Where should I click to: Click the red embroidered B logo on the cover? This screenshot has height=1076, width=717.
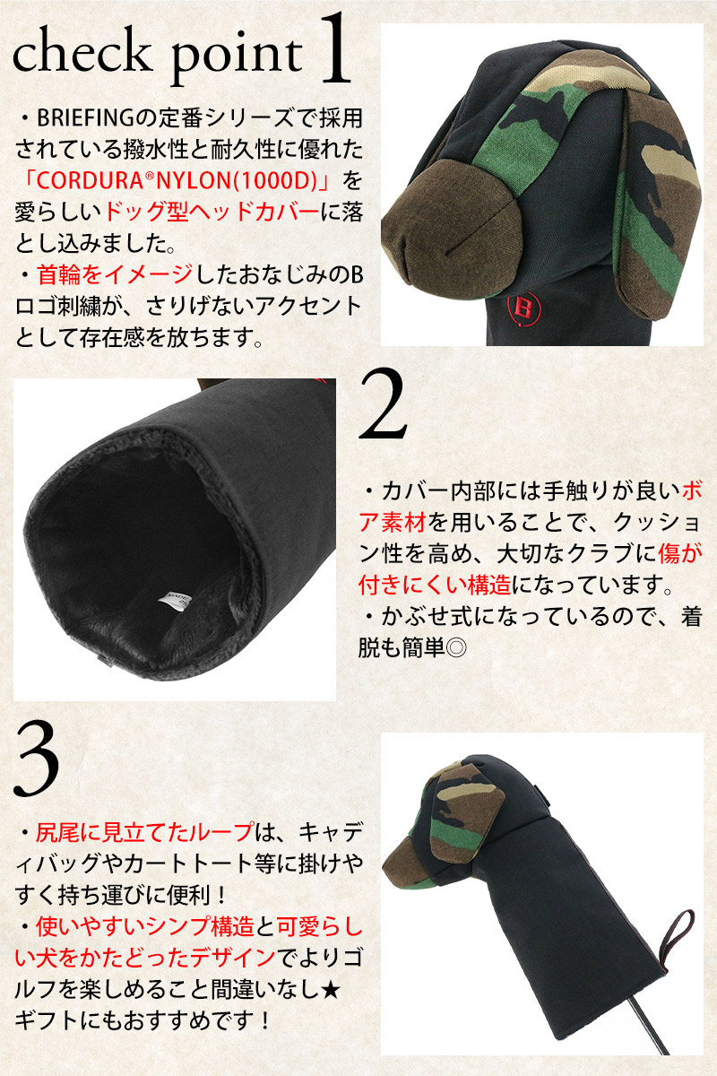click(x=524, y=308)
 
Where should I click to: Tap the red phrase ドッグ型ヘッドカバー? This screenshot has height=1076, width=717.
click(x=203, y=213)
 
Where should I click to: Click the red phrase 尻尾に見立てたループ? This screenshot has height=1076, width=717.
click(x=144, y=832)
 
